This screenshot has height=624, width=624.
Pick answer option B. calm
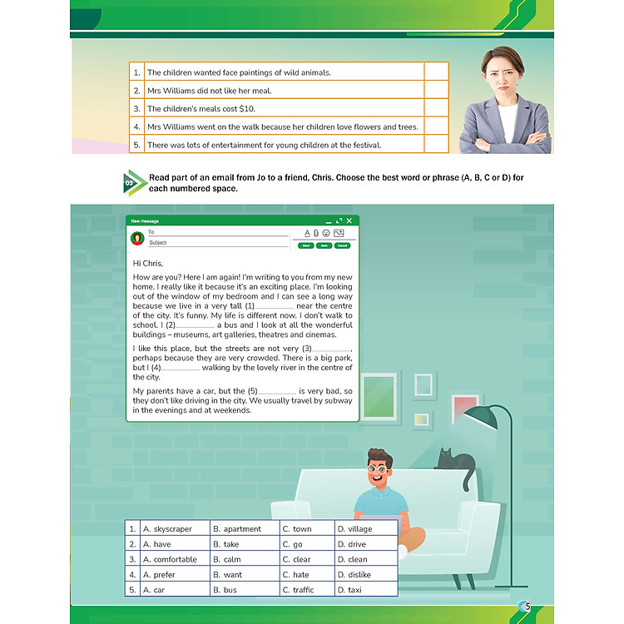pyautogui.click(x=226, y=560)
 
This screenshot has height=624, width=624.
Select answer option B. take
pyautogui.click(x=225, y=544)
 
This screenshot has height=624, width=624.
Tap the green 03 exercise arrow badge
pyautogui.click(x=132, y=183)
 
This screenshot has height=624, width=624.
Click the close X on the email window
pyautogui.click(x=349, y=220)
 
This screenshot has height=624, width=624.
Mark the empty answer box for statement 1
pyautogui.click(x=436, y=72)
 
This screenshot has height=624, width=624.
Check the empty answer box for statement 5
pyautogui.click(x=436, y=145)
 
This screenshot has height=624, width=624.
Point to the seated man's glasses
pyautogui.click(x=379, y=469)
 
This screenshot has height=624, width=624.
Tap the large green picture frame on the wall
pyautogui.click(x=379, y=398)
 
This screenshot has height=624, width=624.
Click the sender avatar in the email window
pyautogui.click(x=137, y=238)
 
